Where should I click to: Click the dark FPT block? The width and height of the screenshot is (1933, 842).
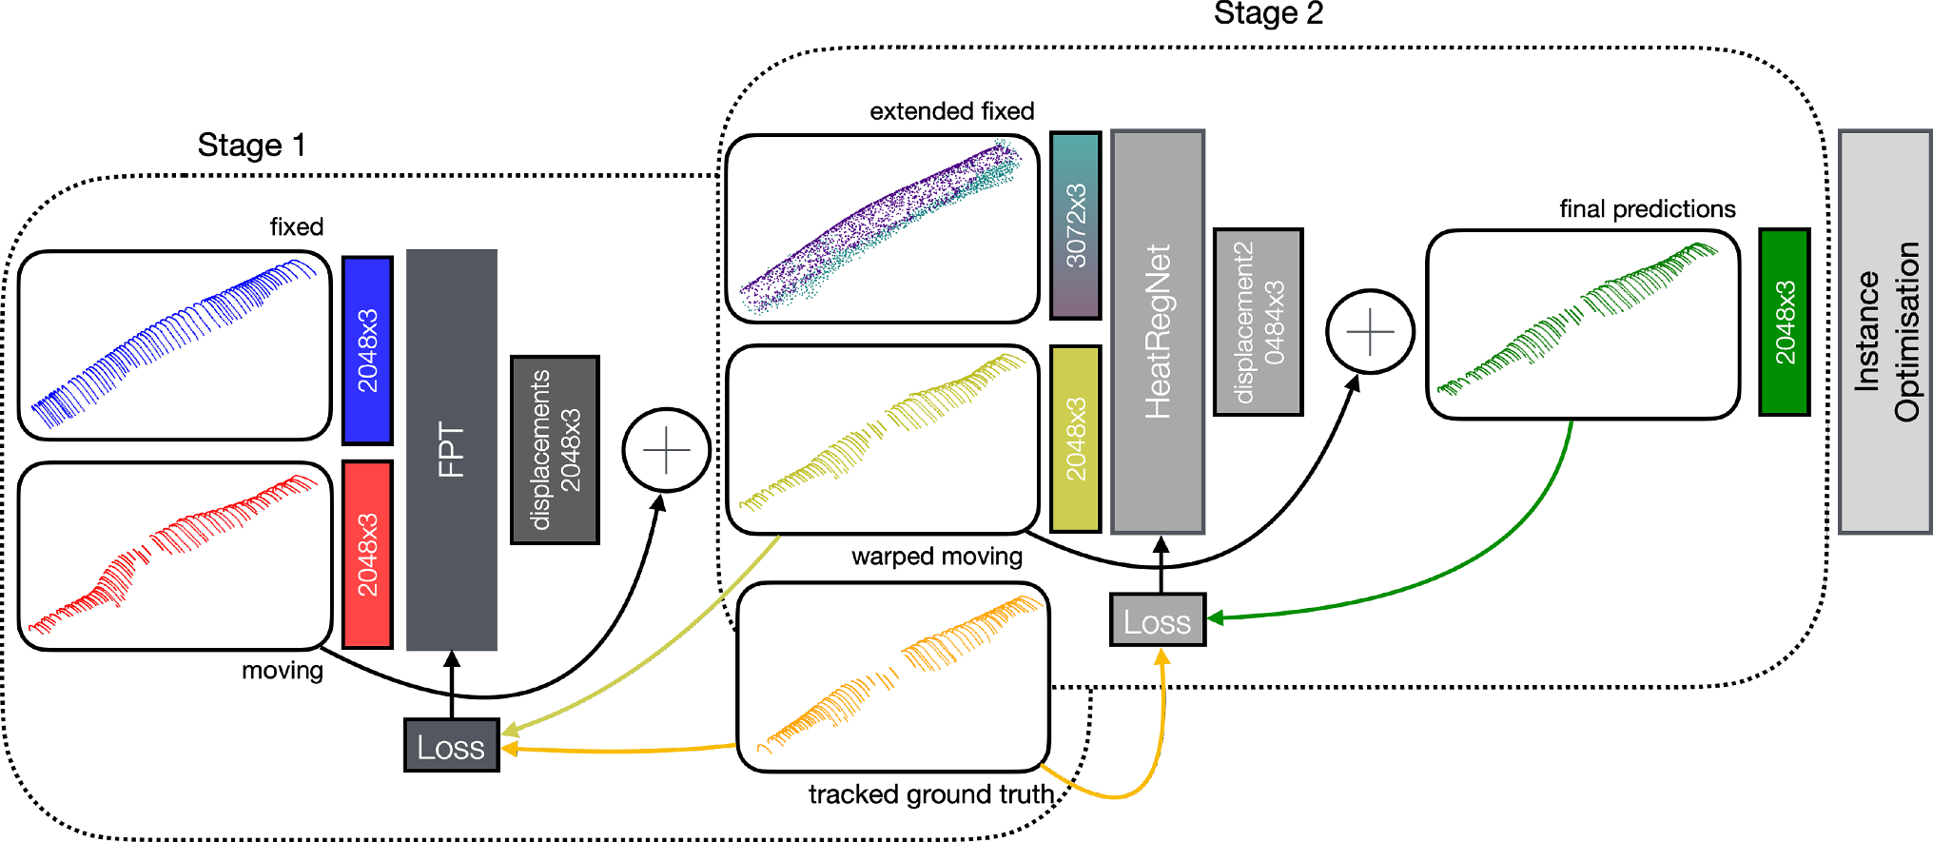pyautogui.click(x=451, y=449)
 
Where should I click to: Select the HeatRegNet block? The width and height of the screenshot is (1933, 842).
pyautogui.click(x=1158, y=331)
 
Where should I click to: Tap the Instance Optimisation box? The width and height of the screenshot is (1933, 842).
pyautogui.click(x=1884, y=331)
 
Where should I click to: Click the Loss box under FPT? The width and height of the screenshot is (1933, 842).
pyautogui.click(x=451, y=746)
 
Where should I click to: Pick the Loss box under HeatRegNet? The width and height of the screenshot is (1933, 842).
pyautogui.click(x=1158, y=620)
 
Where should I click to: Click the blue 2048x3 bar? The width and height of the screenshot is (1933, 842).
pyautogui.click(x=367, y=350)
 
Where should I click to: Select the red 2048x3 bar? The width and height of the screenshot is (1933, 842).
pyautogui.click(x=367, y=555)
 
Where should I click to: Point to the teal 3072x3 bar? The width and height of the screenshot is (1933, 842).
pyautogui.click(x=1075, y=225)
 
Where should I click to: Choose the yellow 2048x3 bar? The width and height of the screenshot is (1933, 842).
pyautogui.click(x=1075, y=439)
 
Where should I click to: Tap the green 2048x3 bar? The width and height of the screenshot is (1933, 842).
pyautogui.click(x=1784, y=322)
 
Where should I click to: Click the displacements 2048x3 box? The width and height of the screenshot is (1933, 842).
pyautogui.click(x=555, y=450)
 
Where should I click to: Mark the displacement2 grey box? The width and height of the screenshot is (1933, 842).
pyautogui.click(x=1258, y=322)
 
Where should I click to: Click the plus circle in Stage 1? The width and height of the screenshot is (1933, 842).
pyautogui.click(x=666, y=450)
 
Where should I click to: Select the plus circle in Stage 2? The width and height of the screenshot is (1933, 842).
pyautogui.click(x=1370, y=332)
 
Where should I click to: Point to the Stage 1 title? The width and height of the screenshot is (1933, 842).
pyautogui.click(x=251, y=146)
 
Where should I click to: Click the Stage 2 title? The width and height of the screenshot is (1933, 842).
pyautogui.click(x=1268, y=14)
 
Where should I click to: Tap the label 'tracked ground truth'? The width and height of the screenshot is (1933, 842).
pyautogui.click(x=930, y=794)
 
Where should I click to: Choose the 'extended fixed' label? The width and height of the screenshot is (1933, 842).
pyautogui.click(x=951, y=111)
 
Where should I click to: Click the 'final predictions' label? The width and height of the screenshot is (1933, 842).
pyautogui.click(x=1647, y=209)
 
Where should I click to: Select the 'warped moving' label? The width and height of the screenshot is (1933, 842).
pyautogui.click(x=936, y=557)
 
